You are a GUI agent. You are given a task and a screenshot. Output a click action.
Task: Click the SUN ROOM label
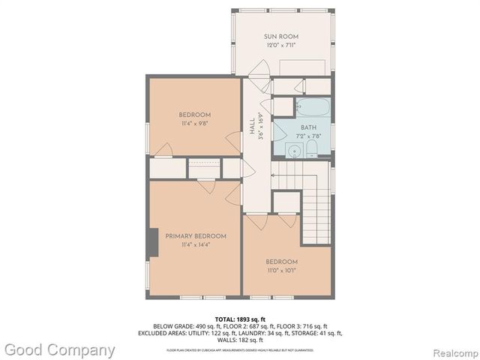pos(280,36)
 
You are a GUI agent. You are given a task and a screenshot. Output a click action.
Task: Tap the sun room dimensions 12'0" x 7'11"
pos(280,45)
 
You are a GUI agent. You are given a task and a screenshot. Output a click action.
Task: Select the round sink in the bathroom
pos(289,151)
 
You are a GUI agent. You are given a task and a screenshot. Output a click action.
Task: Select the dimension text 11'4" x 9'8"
pos(193,123)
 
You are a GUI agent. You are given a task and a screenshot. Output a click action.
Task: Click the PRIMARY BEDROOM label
pos(196,235)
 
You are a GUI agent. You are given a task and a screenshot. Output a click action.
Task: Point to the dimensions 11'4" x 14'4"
pos(196,244)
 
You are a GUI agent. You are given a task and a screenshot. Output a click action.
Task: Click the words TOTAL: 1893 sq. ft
pos(239,319)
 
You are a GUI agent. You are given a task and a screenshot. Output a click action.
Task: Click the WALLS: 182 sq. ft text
pos(239,340)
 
